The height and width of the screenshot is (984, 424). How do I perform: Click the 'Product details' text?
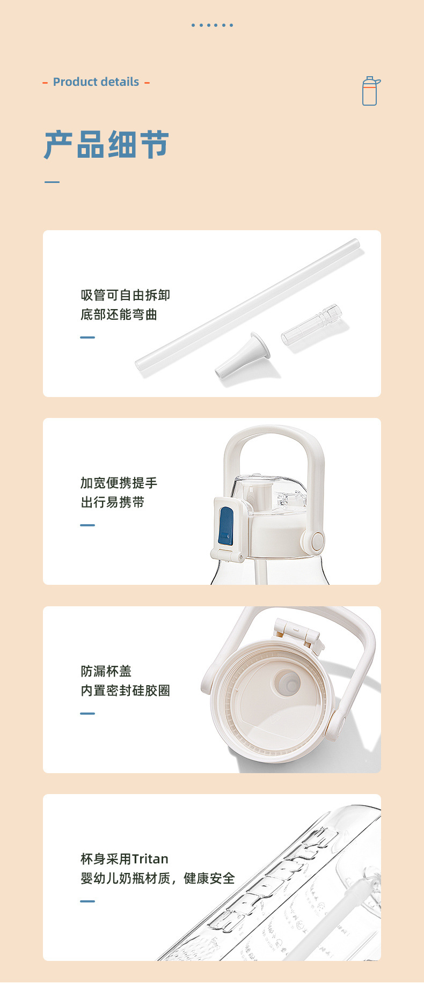coord(96,82)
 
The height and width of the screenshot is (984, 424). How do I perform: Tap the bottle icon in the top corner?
coord(370,91)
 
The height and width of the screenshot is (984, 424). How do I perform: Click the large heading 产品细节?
coord(106,144)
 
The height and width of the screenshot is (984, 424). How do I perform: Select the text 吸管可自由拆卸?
coord(125,295)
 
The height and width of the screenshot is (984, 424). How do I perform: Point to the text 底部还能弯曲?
coord(119,314)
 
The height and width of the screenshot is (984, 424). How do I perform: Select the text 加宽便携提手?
coord(119,483)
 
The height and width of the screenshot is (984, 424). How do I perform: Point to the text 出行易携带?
coord(112,502)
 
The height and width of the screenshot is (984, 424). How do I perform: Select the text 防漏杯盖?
coord(106,671)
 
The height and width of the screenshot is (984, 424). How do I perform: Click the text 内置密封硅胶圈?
coord(125,691)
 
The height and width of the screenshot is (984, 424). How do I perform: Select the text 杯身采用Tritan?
coord(124,859)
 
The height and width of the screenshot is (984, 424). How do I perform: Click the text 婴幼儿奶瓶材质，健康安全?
coord(157,878)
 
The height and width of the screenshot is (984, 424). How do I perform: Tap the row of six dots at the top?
coord(212,25)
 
